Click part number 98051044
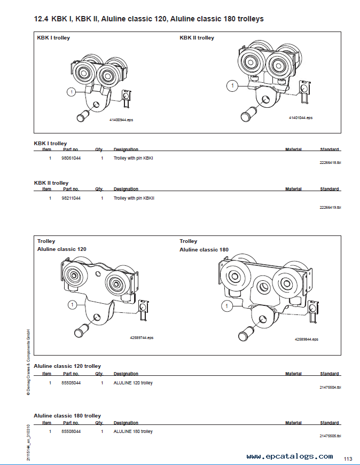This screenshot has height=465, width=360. tap(71, 159)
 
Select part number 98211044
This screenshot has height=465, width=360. tap(71, 198)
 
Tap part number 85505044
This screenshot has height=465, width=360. tap(71, 383)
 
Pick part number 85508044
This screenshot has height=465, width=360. tap(71, 431)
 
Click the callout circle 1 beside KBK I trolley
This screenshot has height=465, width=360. tap(72, 92)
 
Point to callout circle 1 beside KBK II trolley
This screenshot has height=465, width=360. tap(231, 85)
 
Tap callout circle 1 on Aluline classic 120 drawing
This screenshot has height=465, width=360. tap(72, 305)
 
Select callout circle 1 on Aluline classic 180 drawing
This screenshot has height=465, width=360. tap(226, 306)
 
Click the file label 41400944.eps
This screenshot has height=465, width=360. tap(121, 120)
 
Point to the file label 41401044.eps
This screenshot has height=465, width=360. tap(301, 117)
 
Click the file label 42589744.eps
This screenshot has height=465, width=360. tap(141, 337)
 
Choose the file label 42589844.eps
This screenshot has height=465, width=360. tap(306, 339)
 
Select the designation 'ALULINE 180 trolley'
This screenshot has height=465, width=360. tap(133, 431)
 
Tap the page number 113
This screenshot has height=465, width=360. tap(348, 458)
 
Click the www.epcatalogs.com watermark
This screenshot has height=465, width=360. tap(289, 456)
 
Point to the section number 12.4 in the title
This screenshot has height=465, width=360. tap(41, 19)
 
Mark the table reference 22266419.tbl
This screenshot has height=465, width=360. tap(330, 207)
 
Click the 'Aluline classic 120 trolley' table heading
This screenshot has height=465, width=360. tap(67, 366)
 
